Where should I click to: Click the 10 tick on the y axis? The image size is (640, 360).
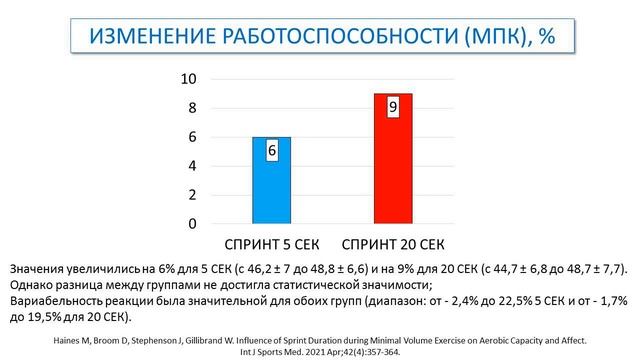186,80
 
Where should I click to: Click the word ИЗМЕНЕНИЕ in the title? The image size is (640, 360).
148,37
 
